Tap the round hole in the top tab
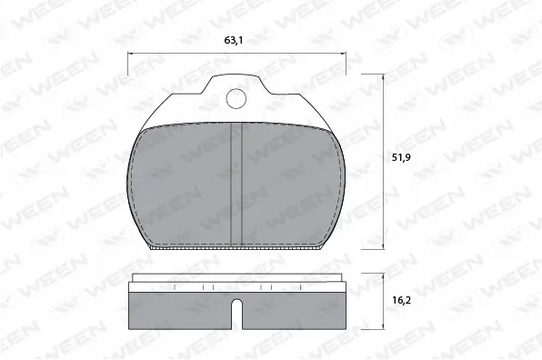237,99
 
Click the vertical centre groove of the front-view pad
237,182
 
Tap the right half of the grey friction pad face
291,186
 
